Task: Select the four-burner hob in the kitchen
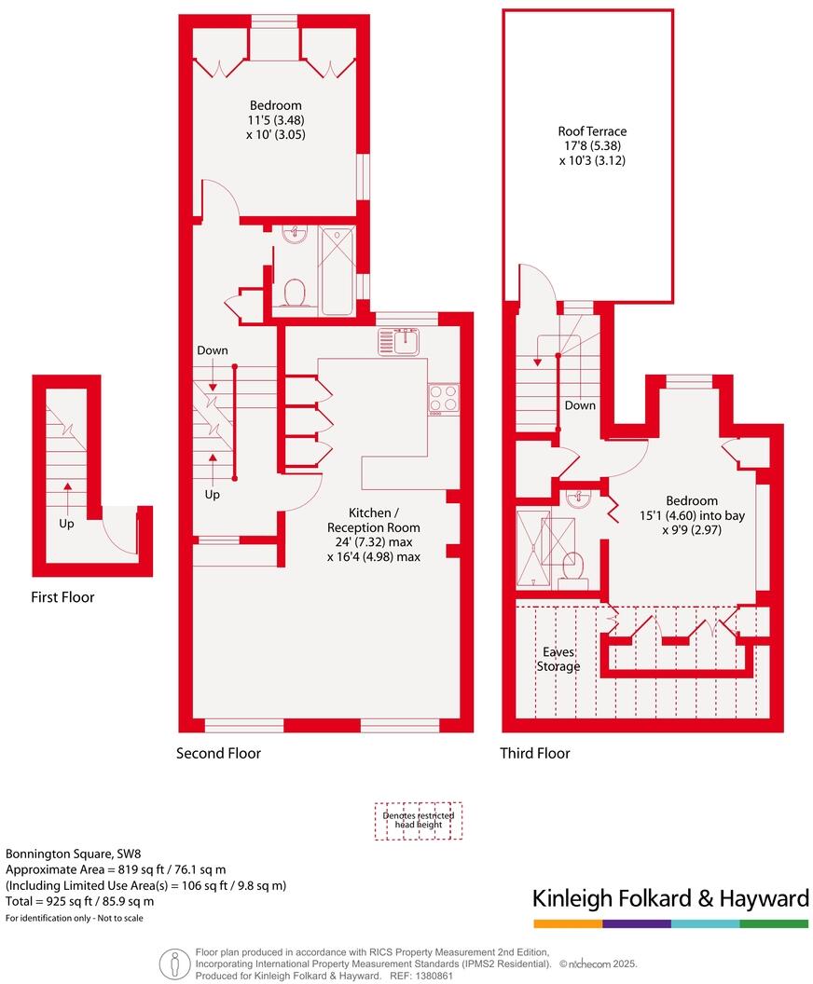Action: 442,399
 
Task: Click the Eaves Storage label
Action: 558,660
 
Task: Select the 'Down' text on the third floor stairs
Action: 580,405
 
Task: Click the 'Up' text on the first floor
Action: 66,525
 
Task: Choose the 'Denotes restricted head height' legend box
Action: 419,821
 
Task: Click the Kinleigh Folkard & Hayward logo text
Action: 669,898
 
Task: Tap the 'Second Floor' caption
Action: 219,753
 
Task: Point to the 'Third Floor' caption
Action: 535,753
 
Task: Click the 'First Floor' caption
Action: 62,597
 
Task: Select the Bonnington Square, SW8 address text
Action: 74,853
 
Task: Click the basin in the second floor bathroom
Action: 296,235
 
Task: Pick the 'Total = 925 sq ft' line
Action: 80,901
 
